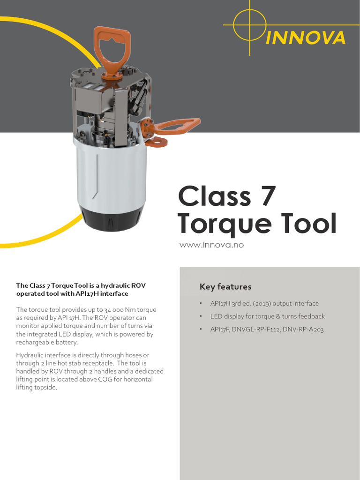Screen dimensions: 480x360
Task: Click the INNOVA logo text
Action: (305, 38)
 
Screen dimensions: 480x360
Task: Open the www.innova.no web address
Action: (212, 245)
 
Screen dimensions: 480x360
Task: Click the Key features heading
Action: (225, 287)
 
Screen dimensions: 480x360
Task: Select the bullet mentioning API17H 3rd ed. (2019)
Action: (264, 303)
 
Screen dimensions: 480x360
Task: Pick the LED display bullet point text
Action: (267, 316)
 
